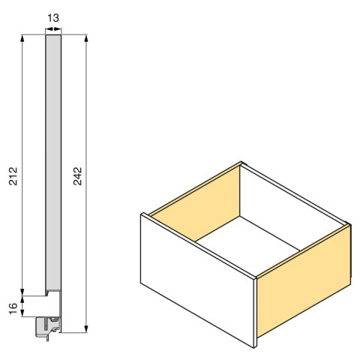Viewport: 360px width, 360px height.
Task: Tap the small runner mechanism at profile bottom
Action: pyautogui.click(x=50, y=324)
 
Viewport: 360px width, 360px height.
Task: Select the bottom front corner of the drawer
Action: pyautogui.click(x=256, y=346)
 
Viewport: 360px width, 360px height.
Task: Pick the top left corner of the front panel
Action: pyautogui.click(x=141, y=214)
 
